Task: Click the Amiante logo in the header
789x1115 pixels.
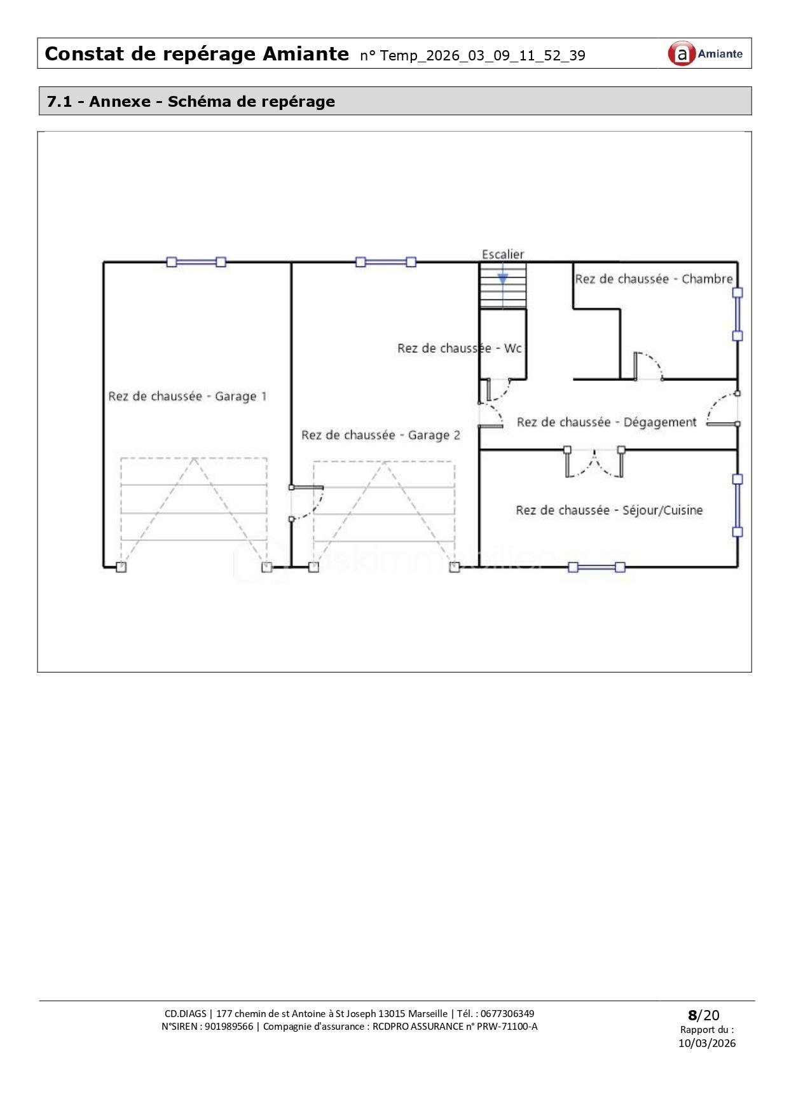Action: tap(705, 54)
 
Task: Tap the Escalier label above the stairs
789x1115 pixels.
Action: tap(503, 254)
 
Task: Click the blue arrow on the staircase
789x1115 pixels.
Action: tap(503, 278)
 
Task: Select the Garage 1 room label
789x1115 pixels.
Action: tap(188, 397)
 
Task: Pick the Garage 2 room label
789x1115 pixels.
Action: tap(381, 435)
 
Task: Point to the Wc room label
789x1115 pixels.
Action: tap(460, 348)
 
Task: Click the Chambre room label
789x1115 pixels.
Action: tap(654, 279)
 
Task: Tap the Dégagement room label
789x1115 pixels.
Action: tap(607, 423)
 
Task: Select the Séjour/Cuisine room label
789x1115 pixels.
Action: tap(609, 510)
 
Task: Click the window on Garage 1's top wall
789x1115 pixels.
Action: tap(196, 262)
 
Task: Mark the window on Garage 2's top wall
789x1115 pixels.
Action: tap(386, 262)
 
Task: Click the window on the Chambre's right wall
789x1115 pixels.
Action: tap(738, 314)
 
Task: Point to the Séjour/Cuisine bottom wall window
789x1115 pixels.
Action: tap(596, 568)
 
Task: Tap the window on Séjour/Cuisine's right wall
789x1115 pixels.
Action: tap(738, 505)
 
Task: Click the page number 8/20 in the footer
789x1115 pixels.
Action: tap(703, 1015)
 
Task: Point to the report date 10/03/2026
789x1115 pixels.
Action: tap(706, 1043)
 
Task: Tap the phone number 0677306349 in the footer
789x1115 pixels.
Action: tap(507, 1014)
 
